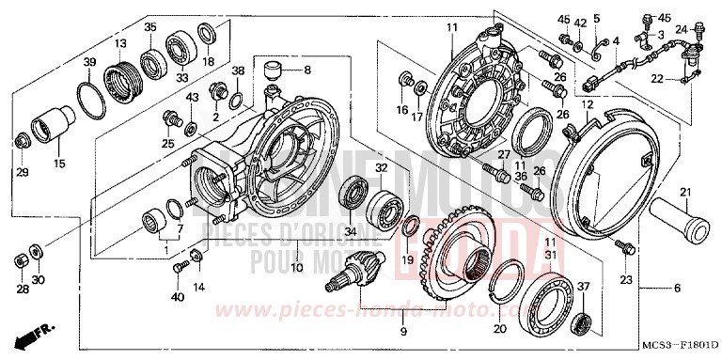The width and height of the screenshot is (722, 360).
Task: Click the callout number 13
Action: click(x=119, y=43)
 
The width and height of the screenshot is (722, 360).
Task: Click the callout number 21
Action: click(x=685, y=194)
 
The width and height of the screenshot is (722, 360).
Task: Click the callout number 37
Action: click(x=583, y=287)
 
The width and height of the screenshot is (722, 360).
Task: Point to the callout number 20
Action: click(x=499, y=329)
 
